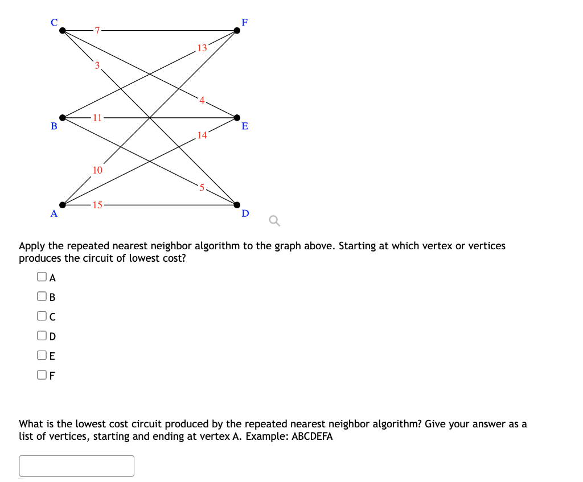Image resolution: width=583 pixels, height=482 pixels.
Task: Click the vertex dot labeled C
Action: click(63, 30)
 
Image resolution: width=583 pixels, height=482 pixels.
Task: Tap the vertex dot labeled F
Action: click(237, 30)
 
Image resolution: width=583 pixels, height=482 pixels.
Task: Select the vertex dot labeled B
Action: click(63, 118)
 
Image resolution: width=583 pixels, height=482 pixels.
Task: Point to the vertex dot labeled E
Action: click(237, 118)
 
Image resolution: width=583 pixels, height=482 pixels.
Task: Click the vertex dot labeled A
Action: click(63, 205)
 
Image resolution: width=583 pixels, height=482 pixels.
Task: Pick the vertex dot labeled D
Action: click(237, 205)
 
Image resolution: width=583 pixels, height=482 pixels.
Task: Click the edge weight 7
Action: click(97, 30)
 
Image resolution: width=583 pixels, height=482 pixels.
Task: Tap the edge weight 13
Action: click(202, 48)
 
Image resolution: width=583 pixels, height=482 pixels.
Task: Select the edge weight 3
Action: click(97, 65)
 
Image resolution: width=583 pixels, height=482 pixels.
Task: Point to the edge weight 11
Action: click(97, 118)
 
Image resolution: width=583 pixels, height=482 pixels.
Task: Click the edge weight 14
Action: click(202, 135)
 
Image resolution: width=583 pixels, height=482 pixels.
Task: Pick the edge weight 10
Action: click(97, 170)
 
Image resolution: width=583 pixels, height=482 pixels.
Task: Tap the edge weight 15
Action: click(97, 205)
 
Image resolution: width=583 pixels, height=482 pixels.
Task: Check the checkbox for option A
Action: click(42, 277)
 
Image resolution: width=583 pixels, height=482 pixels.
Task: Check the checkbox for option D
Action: click(42, 336)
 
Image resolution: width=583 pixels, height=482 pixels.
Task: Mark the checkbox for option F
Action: click(42, 374)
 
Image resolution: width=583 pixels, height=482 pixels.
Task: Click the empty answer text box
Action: click(77, 465)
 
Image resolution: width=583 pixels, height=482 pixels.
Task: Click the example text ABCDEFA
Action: click(312, 437)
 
